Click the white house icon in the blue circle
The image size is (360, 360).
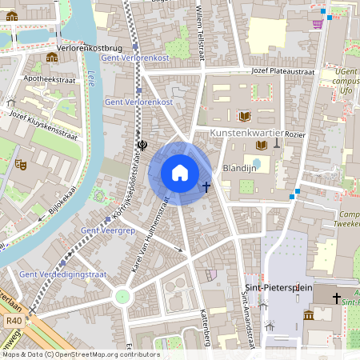pos(180,172)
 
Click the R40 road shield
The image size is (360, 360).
pos(13,321)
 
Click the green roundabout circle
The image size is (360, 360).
pos(122,296)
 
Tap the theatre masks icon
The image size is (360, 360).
pos(22,164)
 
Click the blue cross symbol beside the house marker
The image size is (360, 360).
pos(206,186)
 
